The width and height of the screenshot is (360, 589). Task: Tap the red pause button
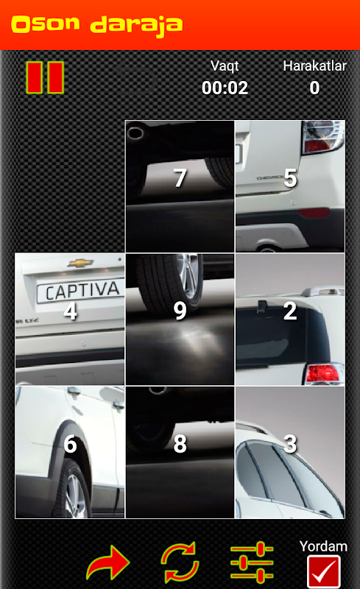click(45, 77)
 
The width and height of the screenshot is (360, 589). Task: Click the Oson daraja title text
click(97, 25)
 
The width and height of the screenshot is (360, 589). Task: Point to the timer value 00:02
click(225, 88)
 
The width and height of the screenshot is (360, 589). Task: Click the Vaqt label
click(225, 66)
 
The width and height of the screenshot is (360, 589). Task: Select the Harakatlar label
click(314, 66)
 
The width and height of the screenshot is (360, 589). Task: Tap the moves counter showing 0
click(314, 88)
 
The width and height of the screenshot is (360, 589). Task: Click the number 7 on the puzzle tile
click(180, 177)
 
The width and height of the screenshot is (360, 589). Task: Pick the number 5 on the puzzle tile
click(290, 177)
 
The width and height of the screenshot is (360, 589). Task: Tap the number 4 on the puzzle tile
click(70, 311)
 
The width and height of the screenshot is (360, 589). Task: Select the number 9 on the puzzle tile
click(180, 311)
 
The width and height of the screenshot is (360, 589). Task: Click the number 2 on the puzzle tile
click(290, 311)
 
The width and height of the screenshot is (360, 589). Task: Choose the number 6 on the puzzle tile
click(70, 444)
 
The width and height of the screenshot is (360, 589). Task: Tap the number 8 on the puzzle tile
click(180, 444)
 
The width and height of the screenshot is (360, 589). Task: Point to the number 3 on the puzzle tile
click(290, 444)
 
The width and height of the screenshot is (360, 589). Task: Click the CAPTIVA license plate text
click(82, 291)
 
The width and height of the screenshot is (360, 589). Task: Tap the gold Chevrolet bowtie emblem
click(80, 263)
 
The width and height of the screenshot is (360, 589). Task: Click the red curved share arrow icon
click(108, 562)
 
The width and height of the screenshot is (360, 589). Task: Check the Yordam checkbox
click(323, 571)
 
